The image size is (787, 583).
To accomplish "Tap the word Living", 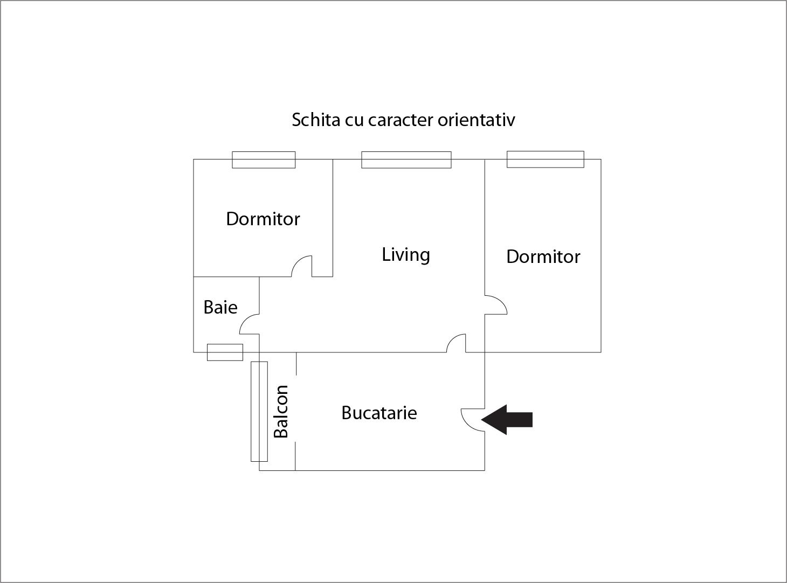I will click(x=405, y=254).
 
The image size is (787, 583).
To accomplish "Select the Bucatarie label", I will click(x=379, y=413).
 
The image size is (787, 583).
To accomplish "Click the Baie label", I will click(x=220, y=307).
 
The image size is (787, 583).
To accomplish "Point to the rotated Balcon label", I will click(x=281, y=412).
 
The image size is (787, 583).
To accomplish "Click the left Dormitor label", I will click(x=263, y=219).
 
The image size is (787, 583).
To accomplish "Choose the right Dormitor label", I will click(x=543, y=256).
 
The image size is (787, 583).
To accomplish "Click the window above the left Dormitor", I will click(x=264, y=160).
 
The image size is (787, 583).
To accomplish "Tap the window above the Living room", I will click(x=406, y=160).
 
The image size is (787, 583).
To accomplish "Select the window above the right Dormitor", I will click(x=545, y=159).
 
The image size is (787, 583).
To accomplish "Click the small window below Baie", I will click(x=225, y=352).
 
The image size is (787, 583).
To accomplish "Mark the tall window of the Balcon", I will click(x=259, y=412).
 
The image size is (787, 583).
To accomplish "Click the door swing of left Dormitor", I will click(x=303, y=266).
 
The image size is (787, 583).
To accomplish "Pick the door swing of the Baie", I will click(x=250, y=325).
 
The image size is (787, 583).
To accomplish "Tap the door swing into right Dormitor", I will click(x=495, y=305).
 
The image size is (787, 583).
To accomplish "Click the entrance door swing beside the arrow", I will click(x=472, y=420).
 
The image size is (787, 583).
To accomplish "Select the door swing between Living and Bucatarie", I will click(x=457, y=343).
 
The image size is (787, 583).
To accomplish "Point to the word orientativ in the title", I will click(x=476, y=120).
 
